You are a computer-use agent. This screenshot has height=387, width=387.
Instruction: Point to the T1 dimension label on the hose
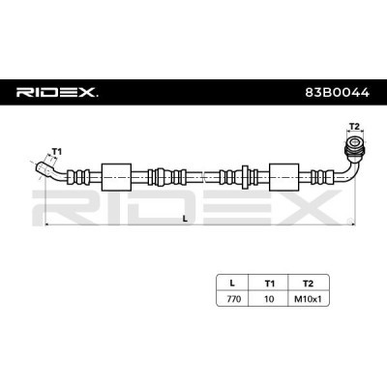(56, 152)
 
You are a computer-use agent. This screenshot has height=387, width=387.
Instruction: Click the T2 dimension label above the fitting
(352, 127)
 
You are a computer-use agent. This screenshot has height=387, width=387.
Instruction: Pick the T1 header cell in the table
(268, 283)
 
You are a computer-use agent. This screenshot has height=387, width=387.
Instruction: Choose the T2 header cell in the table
(309, 283)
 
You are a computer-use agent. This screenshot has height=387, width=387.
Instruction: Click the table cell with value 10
(268, 300)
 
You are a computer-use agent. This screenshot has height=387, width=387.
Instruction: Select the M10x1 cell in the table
(309, 300)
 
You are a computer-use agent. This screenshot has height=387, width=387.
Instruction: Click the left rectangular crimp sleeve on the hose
(115, 177)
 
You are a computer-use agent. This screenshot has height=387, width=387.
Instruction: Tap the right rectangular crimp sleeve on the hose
(284, 177)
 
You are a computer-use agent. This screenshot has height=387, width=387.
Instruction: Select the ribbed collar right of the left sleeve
(161, 177)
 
